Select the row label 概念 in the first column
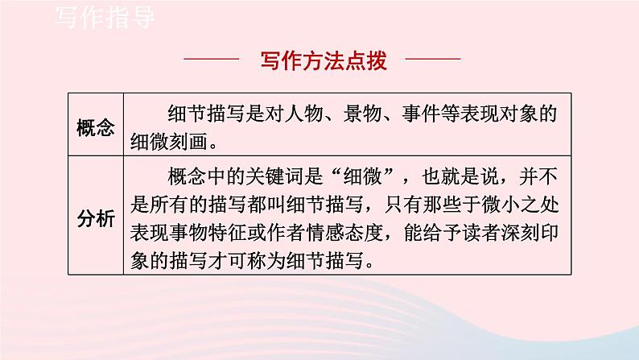pos(96,128)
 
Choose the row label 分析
pos(96,217)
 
